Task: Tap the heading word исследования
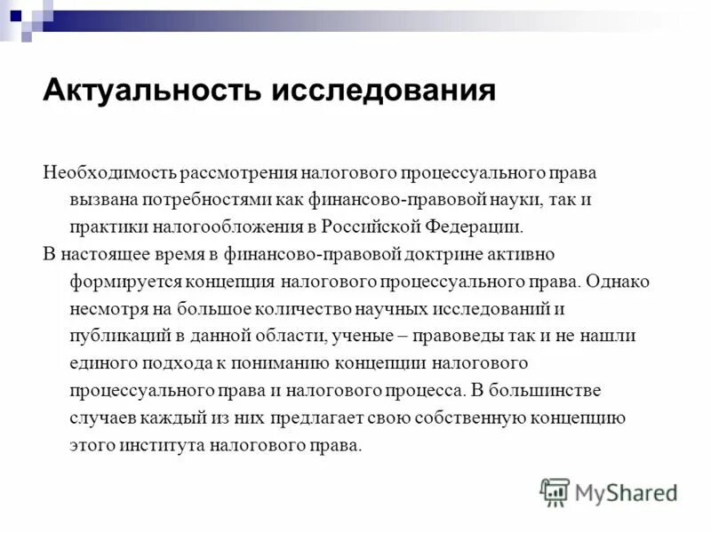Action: point(383,91)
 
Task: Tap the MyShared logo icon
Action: point(555,491)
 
